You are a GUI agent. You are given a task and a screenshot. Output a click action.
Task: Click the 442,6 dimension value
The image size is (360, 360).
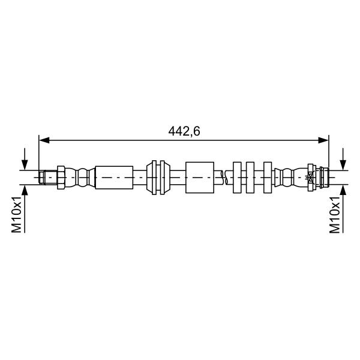[x=184, y=131]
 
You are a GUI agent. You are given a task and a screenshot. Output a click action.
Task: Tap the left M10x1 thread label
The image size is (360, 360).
[x=17, y=214]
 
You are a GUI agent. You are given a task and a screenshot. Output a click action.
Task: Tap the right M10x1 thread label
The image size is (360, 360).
[x=335, y=214]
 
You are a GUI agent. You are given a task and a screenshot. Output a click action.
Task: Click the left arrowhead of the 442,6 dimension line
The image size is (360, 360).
[x=44, y=140]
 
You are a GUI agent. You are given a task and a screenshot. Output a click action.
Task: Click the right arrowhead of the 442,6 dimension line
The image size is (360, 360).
[x=323, y=140]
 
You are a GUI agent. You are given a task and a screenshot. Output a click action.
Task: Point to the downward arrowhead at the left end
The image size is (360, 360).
[x=25, y=165]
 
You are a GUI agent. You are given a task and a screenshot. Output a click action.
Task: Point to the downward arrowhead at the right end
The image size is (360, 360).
[x=343, y=165]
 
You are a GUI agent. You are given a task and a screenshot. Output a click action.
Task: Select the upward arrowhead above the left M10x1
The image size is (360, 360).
[x=25, y=190]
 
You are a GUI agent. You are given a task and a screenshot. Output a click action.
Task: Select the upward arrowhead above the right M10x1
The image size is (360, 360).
[x=343, y=190]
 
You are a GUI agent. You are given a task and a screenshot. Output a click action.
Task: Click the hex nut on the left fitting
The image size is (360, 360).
[x=61, y=178]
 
